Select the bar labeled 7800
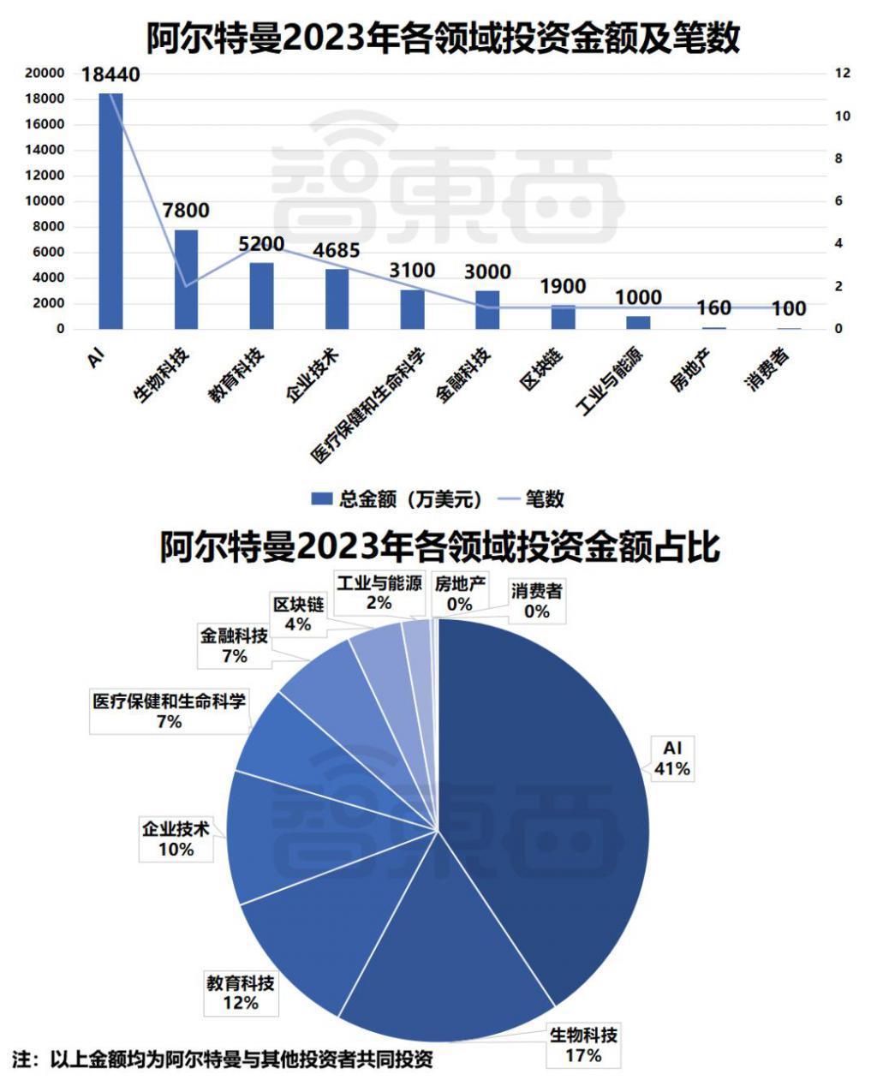[x=186, y=278]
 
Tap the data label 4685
[x=336, y=251]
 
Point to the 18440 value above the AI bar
[x=111, y=75]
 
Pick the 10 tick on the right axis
[x=843, y=116]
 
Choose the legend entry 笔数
[x=531, y=498]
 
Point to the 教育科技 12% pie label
[x=240, y=992]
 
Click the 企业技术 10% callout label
[x=176, y=839]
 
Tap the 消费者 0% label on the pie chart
[x=537, y=600]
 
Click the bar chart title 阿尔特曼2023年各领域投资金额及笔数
[x=442, y=39]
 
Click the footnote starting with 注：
[x=223, y=1059]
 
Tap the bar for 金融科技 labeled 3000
[x=487, y=309]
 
